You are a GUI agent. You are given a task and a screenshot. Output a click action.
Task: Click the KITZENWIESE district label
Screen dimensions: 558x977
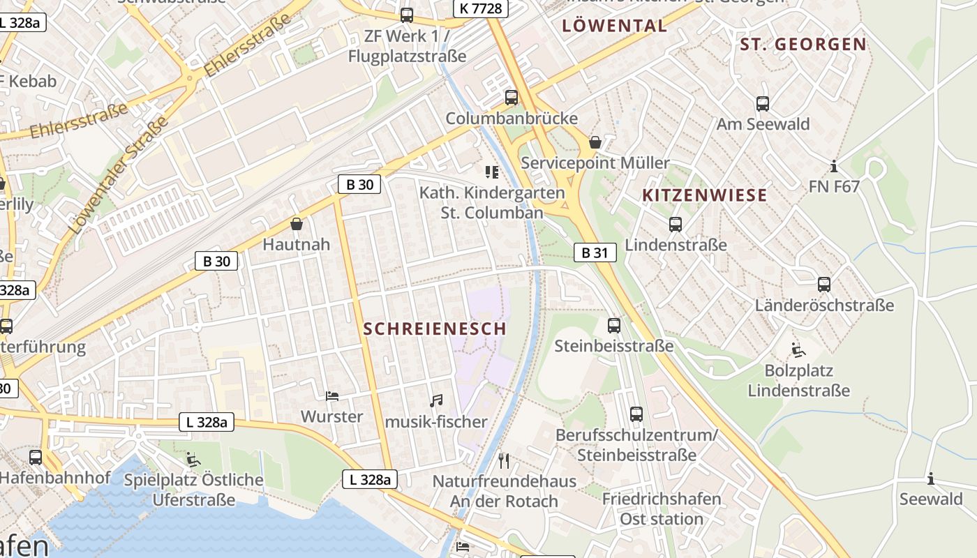(704, 195)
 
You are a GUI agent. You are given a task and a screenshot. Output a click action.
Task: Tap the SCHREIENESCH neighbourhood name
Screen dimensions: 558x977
(435, 329)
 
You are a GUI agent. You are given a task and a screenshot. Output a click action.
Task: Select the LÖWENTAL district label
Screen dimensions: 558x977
(614, 27)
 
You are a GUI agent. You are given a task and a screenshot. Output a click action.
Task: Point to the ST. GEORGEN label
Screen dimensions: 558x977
(803, 45)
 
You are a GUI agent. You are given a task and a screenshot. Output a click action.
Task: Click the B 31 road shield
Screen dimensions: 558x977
(595, 252)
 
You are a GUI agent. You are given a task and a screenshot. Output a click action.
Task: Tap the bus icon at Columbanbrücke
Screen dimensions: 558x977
(512, 98)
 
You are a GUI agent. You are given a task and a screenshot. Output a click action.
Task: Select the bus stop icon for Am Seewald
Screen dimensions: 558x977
(763, 104)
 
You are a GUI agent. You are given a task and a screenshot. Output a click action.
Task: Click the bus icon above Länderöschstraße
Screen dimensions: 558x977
(824, 285)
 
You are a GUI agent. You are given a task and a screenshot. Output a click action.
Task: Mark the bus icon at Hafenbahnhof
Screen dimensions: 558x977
(36, 458)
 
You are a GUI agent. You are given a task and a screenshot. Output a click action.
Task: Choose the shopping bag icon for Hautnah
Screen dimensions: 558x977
(297, 224)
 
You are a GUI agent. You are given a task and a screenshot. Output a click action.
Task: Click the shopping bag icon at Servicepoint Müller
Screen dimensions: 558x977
(595, 142)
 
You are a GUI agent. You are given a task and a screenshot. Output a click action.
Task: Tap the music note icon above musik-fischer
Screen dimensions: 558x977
(436, 400)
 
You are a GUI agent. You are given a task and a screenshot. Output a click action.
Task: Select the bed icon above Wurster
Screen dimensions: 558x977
(332, 396)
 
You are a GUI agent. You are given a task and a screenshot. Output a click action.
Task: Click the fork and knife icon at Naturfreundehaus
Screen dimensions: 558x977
(505, 460)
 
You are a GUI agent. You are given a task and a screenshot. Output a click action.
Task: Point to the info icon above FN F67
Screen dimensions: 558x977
(833, 167)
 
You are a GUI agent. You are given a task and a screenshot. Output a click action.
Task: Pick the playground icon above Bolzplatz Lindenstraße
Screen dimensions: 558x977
(798, 349)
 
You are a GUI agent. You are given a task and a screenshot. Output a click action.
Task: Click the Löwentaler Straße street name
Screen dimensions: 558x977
(119, 175)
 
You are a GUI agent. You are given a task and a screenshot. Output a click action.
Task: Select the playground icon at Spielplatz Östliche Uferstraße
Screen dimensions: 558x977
(193, 459)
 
